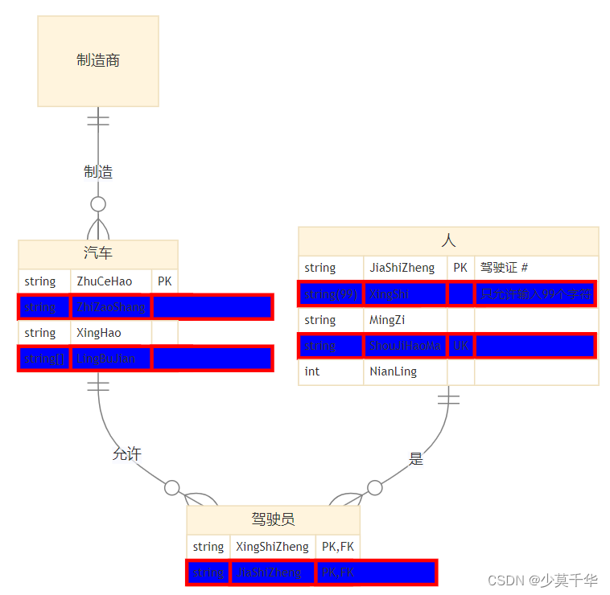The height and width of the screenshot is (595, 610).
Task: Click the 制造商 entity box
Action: click(98, 61)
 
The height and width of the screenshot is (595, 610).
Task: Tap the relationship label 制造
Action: click(98, 171)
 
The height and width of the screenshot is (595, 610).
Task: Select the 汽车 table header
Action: click(98, 253)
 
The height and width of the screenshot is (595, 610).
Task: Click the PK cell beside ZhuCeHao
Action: click(164, 281)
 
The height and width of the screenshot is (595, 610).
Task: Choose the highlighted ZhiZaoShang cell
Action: click(111, 307)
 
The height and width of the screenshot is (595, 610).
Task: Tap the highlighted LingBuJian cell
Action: click(111, 359)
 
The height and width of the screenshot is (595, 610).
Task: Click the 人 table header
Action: click(448, 240)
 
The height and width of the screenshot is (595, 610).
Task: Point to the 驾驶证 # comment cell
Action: click(535, 268)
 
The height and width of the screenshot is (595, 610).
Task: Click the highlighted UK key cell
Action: click(460, 347)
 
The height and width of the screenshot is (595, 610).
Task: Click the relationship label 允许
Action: click(127, 454)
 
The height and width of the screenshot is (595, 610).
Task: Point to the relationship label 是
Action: click(416, 459)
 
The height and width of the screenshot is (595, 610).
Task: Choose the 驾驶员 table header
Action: click(273, 519)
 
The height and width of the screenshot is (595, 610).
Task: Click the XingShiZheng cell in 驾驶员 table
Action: click(272, 547)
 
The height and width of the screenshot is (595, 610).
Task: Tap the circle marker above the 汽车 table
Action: click(98, 203)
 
